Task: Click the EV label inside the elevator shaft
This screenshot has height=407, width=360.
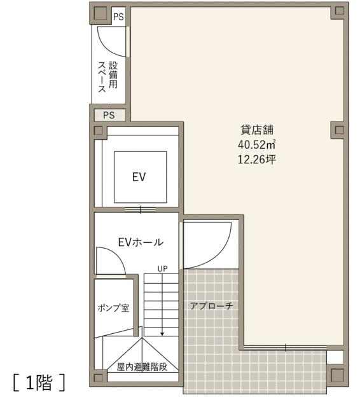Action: (x=139, y=177)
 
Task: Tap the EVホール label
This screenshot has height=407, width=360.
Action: (x=141, y=242)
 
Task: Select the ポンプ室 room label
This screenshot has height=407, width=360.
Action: (x=113, y=308)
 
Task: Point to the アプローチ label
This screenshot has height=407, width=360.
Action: (x=211, y=306)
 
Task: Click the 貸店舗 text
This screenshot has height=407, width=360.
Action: (x=257, y=130)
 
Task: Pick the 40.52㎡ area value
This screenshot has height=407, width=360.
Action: (x=256, y=144)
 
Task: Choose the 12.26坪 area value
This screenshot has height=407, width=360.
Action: (x=256, y=159)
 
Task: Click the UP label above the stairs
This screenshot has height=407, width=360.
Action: (x=162, y=268)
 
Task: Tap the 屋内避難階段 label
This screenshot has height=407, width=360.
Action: (x=142, y=367)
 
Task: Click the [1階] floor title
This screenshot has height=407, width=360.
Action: (x=39, y=383)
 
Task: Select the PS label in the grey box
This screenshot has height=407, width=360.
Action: (x=109, y=115)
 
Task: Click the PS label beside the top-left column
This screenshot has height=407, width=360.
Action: (x=118, y=17)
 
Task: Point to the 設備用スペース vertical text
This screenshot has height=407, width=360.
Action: (x=107, y=76)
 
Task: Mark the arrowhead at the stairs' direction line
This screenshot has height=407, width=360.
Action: (x=162, y=334)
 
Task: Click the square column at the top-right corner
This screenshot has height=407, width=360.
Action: (x=339, y=11)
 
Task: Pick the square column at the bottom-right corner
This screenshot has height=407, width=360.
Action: (x=338, y=375)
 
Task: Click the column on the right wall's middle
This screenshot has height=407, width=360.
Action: (x=339, y=130)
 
